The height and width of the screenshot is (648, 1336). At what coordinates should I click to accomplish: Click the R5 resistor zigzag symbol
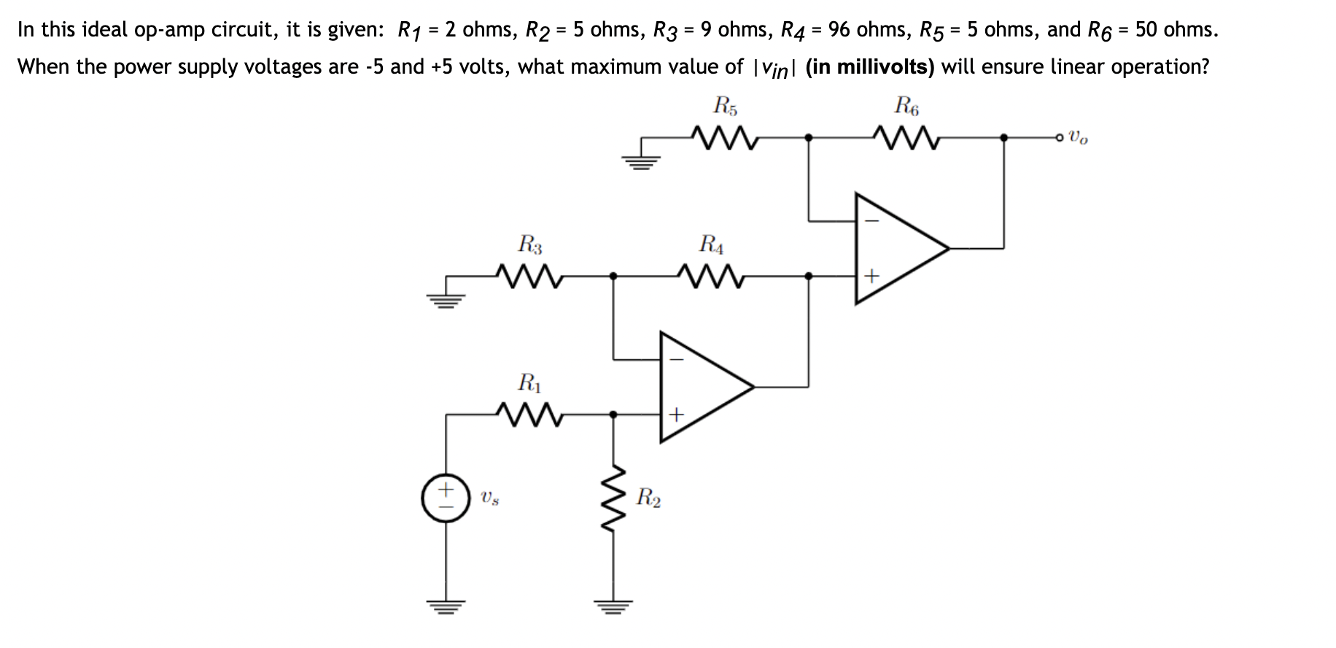[724, 136]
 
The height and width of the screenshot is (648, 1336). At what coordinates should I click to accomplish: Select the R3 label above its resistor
[530, 243]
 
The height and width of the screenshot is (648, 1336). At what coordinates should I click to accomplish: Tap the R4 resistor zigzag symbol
[710, 276]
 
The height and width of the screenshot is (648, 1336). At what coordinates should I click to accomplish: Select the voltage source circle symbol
[446, 499]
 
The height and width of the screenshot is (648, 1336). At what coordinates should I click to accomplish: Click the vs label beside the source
[489, 499]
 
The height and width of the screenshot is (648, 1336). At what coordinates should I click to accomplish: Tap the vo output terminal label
[1079, 137]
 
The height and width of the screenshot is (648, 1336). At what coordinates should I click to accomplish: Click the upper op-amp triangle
[893, 248]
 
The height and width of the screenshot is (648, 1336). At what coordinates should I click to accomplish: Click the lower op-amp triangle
[699, 387]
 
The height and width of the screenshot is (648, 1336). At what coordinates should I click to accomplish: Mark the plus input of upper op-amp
[871, 277]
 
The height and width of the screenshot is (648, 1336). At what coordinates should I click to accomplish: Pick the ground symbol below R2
[613, 605]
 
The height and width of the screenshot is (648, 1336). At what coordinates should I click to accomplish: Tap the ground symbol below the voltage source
[446, 605]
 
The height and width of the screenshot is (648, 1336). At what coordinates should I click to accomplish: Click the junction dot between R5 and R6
[808, 136]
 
